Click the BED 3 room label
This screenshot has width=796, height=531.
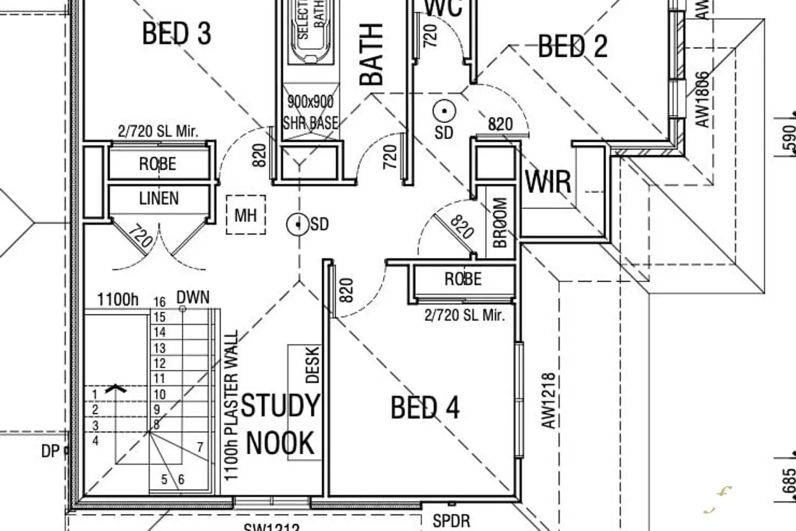tap(176, 34)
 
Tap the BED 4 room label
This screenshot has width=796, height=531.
tap(425, 408)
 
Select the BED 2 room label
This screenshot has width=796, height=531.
tap(573, 46)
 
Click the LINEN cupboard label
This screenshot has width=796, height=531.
tap(159, 198)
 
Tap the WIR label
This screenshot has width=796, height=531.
tap(548, 182)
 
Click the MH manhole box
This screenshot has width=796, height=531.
tap(246, 215)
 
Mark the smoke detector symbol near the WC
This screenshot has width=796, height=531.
tap(444, 111)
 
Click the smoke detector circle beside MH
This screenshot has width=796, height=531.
tap(298, 224)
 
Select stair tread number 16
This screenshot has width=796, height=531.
tap(159, 302)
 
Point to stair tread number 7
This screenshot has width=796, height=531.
tap(200, 447)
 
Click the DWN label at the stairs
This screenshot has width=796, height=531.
tap(193, 297)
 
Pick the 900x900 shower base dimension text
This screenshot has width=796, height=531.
tap(310, 101)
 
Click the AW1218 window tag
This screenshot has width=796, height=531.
tap(548, 400)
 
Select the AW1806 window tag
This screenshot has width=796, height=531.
tap(701, 99)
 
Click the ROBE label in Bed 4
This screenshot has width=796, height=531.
tap(463, 279)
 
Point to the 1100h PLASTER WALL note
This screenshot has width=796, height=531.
tap(231, 406)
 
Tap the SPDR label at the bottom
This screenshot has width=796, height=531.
tap(452, 521)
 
